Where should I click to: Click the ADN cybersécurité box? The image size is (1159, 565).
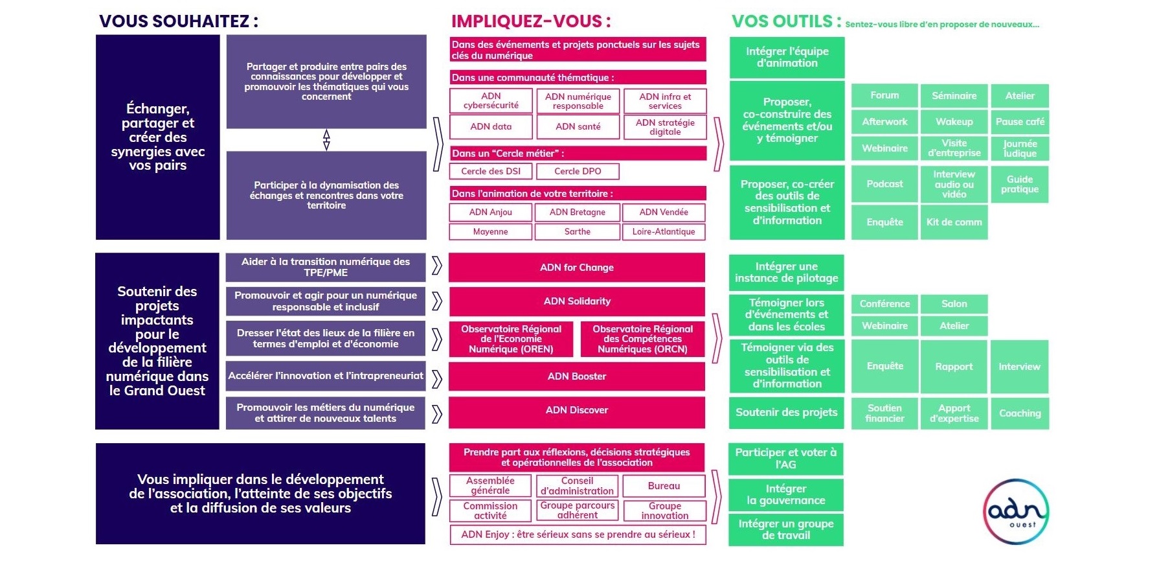[x=491, y=101]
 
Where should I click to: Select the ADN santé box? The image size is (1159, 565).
[x=578, y=127]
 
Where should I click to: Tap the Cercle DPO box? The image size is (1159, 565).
[x=578, y=172]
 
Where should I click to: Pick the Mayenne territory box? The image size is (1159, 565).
[x=490, y=232]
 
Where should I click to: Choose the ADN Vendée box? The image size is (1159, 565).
[x=664, y=213]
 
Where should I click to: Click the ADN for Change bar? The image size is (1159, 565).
[x=576, y=268]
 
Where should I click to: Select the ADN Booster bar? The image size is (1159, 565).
[x=576, y=376]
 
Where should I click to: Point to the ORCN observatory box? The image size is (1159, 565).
[x=642, y=340]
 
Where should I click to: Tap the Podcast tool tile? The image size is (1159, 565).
[x=884, y=185]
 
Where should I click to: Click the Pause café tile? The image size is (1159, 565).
[x=1020, y=122]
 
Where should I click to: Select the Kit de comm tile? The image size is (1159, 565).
[x=954, y=222]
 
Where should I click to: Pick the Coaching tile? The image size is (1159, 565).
[x=1020, y=413]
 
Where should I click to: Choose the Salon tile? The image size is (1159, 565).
[x=954, y=304]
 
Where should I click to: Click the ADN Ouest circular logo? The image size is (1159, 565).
[x=1015, y=512]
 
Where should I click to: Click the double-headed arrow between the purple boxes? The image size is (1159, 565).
[x=326, y=139]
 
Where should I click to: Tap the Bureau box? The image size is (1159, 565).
[x=664, y=486]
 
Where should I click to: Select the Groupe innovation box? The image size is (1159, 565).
[x=664, y=511]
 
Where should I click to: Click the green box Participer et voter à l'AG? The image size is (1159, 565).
[x=786, y=459]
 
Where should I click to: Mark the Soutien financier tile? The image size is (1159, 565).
[x=884, y=413]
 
